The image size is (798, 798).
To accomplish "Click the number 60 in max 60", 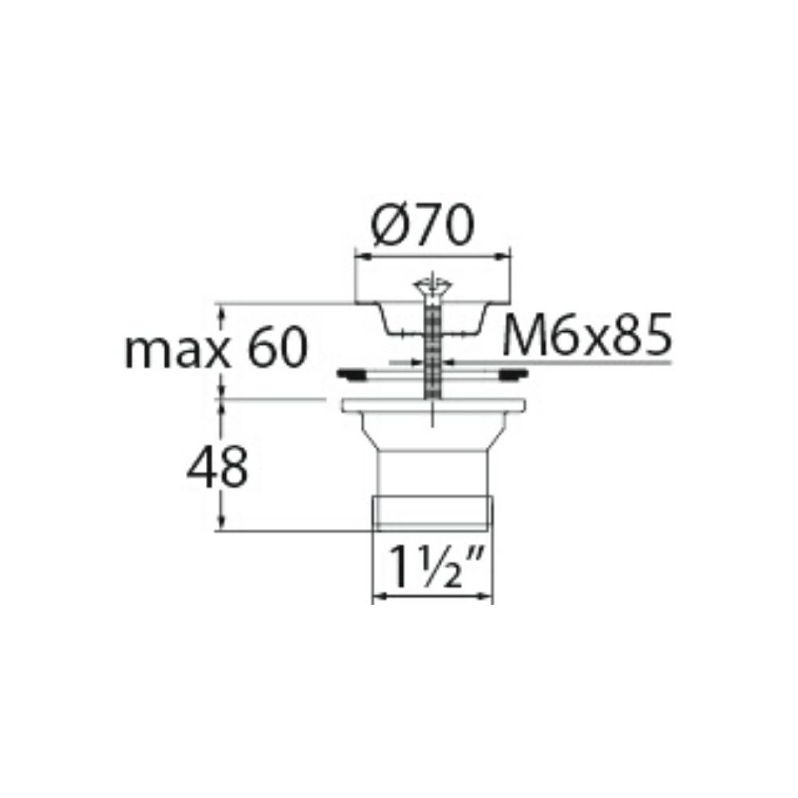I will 276,350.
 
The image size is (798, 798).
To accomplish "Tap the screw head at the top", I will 431,286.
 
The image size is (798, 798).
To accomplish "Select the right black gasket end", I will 513,372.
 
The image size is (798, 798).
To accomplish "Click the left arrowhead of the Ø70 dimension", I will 359,256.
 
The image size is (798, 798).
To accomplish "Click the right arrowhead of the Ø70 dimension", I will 504,256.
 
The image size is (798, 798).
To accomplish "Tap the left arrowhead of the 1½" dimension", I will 379,596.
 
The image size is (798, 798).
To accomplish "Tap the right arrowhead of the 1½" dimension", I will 487,596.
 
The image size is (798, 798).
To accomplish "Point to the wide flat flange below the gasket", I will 432,405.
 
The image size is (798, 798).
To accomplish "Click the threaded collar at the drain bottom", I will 432,511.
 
